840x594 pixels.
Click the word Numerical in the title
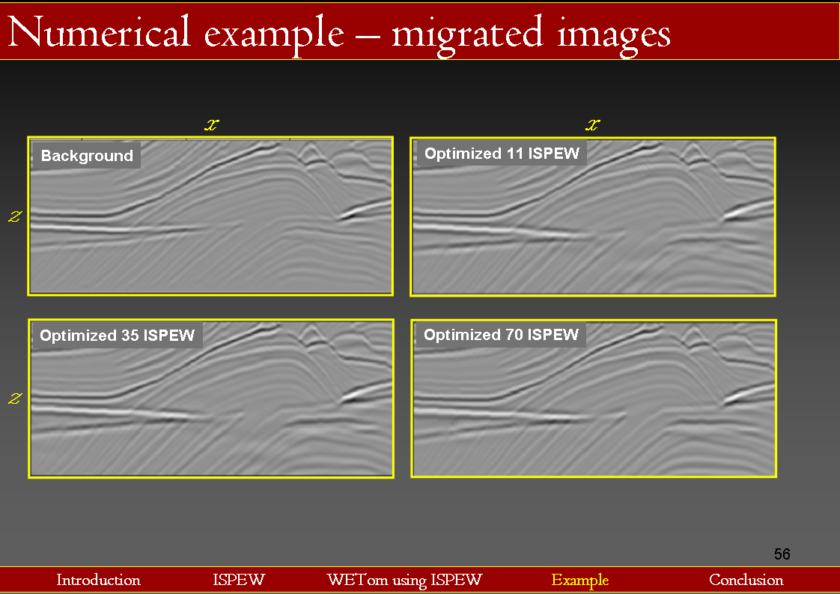(99, 31)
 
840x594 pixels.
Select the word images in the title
(613, 34)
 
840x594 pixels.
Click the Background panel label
(87, 156)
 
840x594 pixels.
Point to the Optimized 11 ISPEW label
(502, 154)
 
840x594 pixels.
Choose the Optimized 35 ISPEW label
(118, 335)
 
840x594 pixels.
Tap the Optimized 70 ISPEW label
(502, 335)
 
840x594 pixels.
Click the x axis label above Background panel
(212, 125)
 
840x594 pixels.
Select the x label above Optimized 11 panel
(592, 125)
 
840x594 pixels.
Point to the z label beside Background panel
(15, 216)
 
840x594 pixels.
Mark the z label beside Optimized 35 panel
(15, 398)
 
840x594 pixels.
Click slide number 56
(782, 554)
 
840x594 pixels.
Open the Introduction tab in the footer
(99, 580)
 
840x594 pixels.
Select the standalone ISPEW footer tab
(239, 580)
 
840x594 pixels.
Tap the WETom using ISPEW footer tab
(404, 580)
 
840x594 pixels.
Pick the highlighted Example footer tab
(580, 580)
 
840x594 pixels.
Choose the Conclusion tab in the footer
(746, 580)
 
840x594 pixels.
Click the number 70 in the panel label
(514, 335)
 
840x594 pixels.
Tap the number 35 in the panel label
(130, 335)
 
